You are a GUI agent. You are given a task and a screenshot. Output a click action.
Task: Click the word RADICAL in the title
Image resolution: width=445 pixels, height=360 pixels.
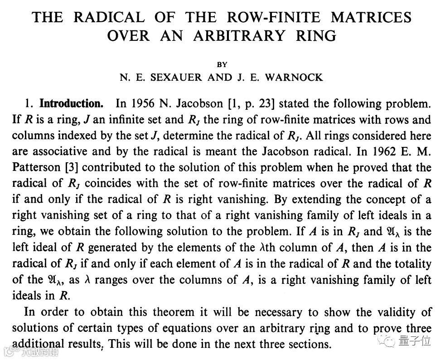click(109, 17)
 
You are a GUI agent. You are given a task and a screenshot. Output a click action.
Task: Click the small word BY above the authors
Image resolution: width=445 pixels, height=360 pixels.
click(222, 65)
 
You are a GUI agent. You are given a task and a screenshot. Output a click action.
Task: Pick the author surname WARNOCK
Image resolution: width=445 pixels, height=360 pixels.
click(294, 78)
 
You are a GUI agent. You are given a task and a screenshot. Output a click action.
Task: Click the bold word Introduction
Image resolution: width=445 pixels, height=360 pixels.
click(72, 104)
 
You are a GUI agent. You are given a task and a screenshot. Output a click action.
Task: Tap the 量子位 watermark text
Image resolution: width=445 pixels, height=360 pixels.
click(415, 341)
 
